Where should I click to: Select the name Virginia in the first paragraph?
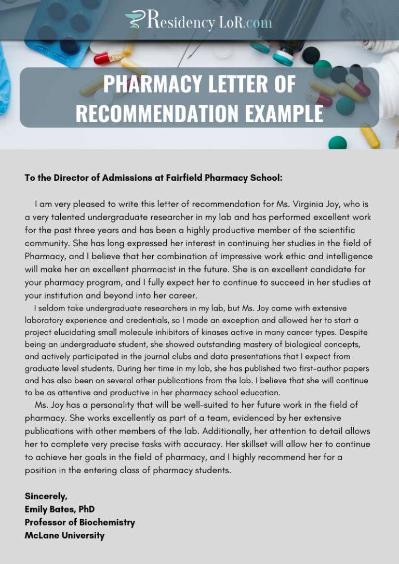coord(324,205)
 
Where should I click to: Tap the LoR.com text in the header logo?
coord(245,22)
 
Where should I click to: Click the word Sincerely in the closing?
coord(46,496)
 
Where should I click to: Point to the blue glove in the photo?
coord(5,78)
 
